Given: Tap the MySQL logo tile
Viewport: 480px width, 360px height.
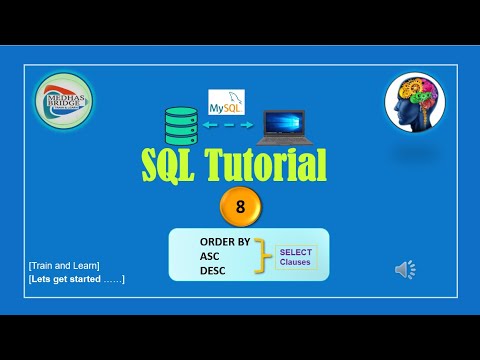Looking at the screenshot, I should pyautogui.click(x=226, y=102).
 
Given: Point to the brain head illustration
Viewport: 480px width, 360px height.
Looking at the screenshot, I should pyautogui.click(x=414, y=104).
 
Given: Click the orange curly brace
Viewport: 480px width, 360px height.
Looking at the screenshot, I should pyautogui.click(x=262, y=257).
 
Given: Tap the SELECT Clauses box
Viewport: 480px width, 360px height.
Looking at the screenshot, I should pyautogui.click(x=296, y=257).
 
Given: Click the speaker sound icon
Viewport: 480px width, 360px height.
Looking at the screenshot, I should pyautogui.click(x=405, y=269).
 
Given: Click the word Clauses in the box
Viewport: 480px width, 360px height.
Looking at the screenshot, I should pyautogui.click(x=296, y=263).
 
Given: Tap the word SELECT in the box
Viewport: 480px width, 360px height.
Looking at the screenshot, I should pyautogui.click(x=296, y=251).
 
